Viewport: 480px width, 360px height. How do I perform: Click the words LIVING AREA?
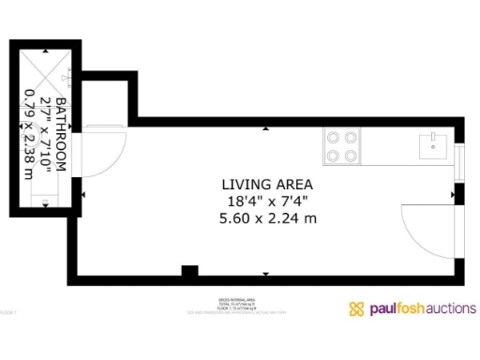tap(267, 184)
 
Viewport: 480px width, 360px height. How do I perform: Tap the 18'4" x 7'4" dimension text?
tap(267, 201)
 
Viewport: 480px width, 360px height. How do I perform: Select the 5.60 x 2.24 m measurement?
tap(267, 217)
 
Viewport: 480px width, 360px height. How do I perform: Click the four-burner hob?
tap(342, 145)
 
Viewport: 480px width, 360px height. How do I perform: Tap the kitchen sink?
tap(432, 144)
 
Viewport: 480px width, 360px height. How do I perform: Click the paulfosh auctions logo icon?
tap(356, 308)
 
